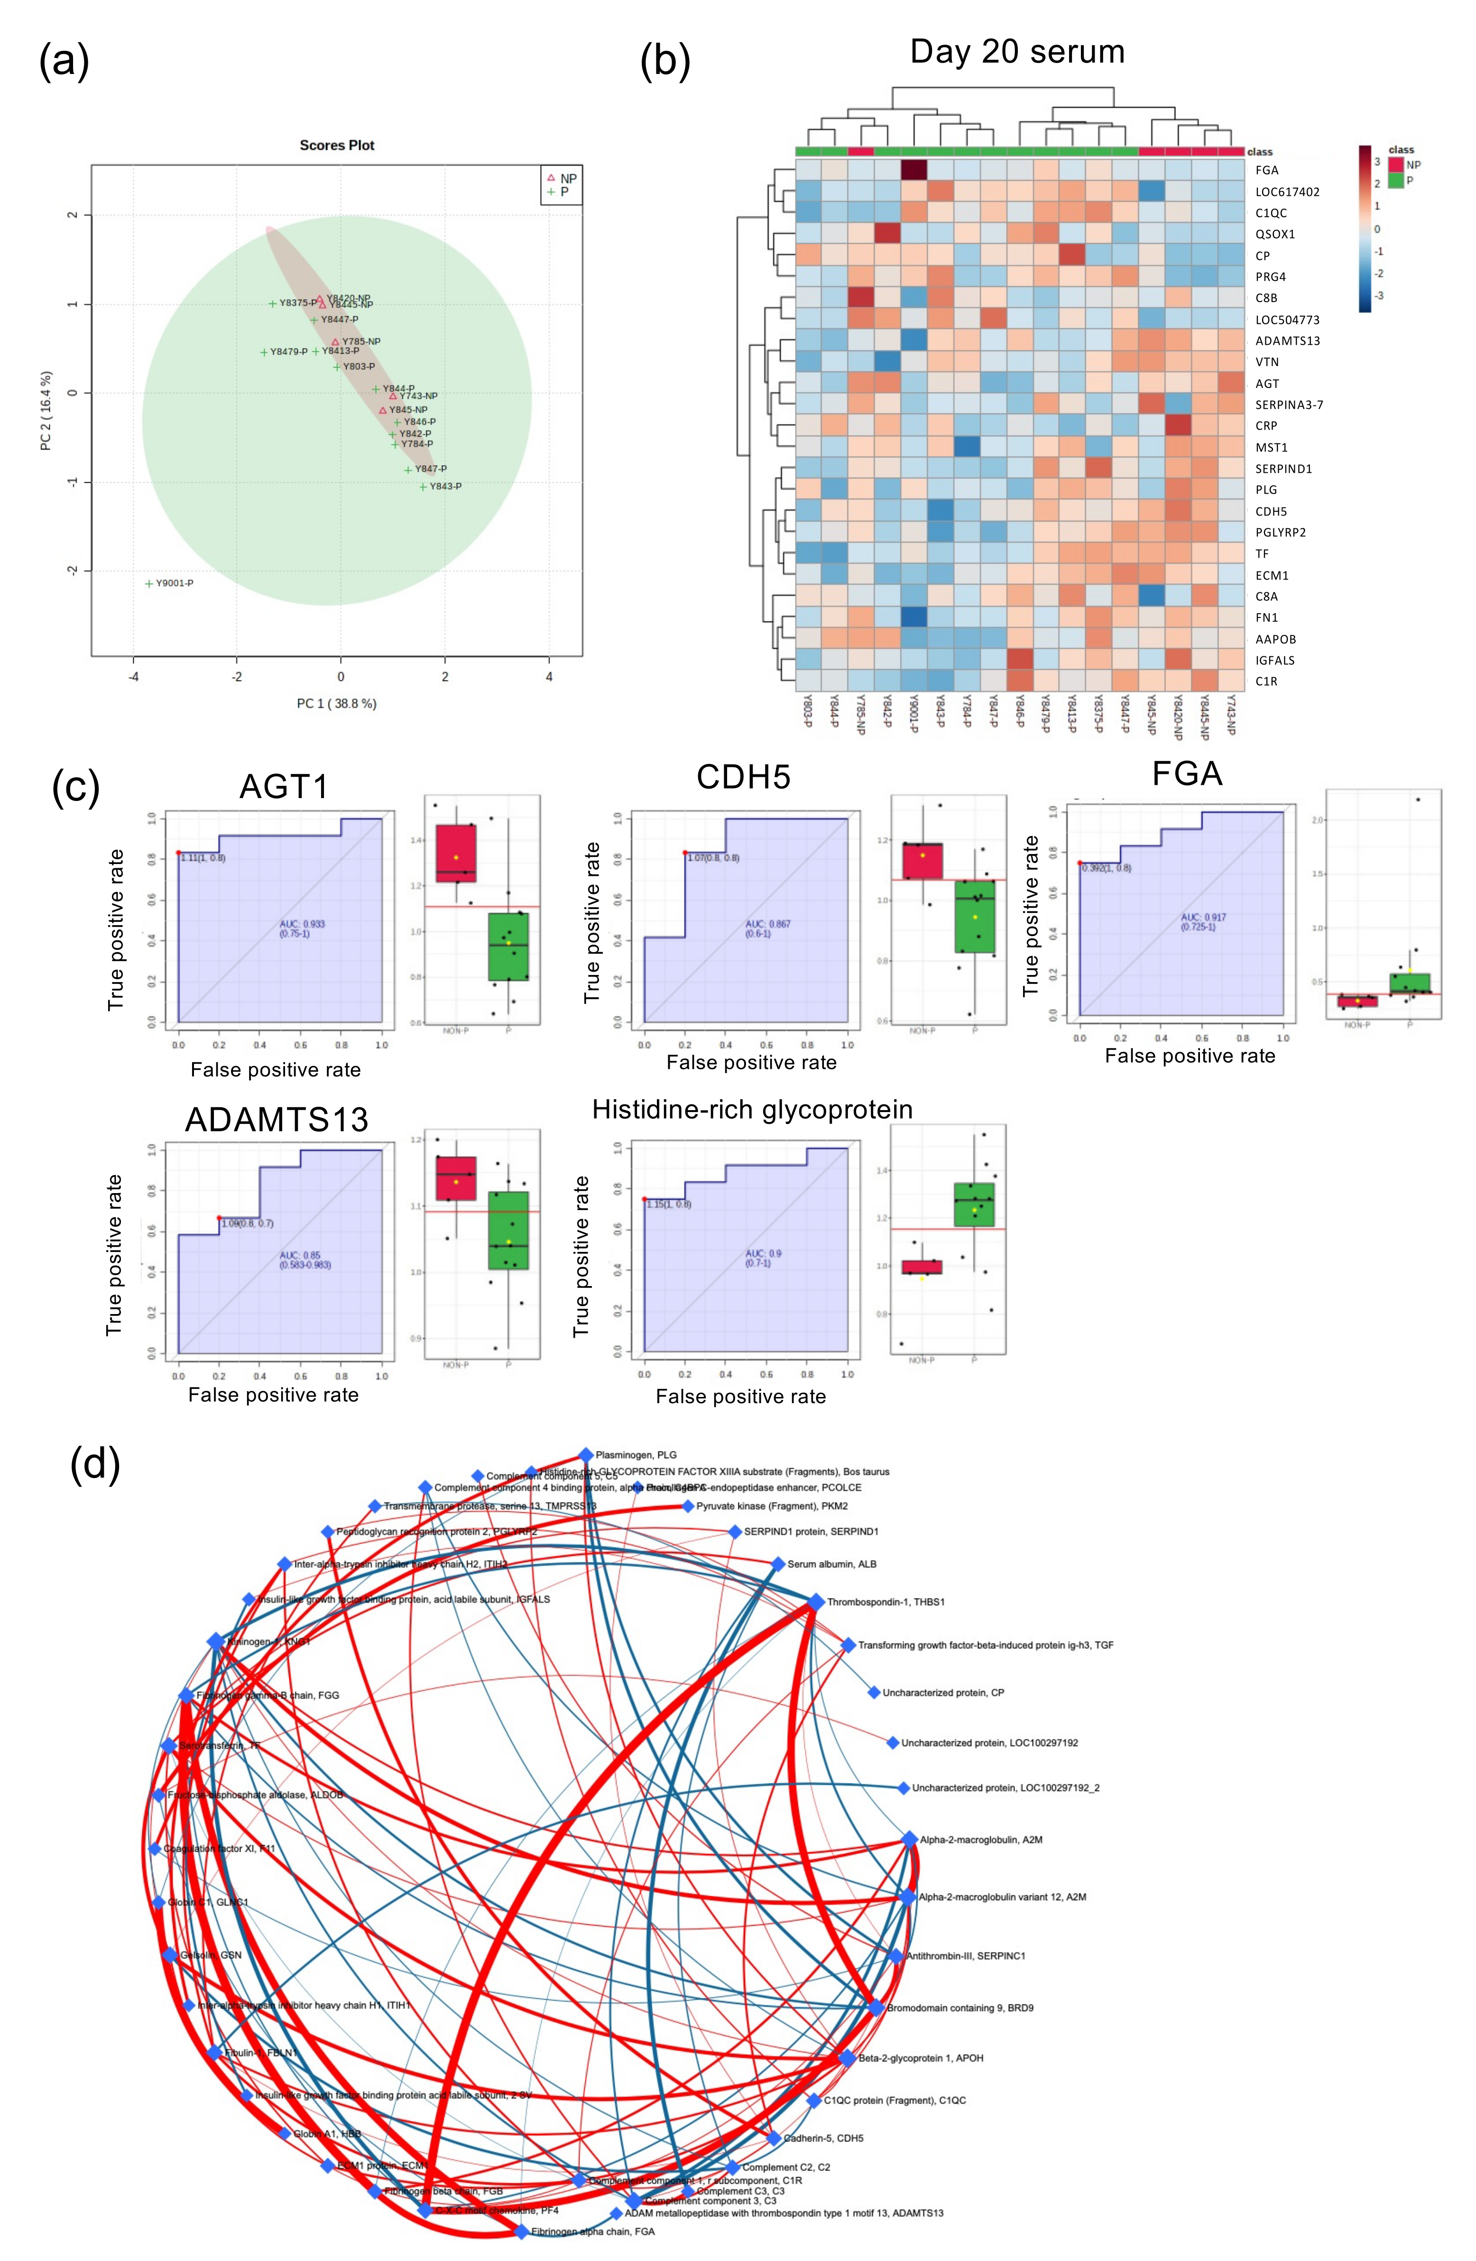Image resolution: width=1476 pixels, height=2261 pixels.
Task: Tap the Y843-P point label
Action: tap(445, 487)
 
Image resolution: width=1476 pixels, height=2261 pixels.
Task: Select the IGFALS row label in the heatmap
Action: tap(1274, 660)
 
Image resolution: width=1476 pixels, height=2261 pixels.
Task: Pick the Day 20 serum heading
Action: tap(1017, 51)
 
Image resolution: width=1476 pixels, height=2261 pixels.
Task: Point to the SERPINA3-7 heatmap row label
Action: tap(1289, 404)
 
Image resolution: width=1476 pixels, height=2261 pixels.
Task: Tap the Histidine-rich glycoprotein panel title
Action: tap(752, 1110)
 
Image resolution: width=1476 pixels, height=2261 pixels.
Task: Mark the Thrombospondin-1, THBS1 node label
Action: tap(885, 1602)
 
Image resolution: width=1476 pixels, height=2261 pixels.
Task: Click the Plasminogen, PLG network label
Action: tap(636, 1454)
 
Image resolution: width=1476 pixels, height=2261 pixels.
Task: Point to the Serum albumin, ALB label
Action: tap(831, 1564)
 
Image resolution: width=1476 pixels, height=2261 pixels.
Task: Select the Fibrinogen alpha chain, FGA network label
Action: tap(592, 2232)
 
